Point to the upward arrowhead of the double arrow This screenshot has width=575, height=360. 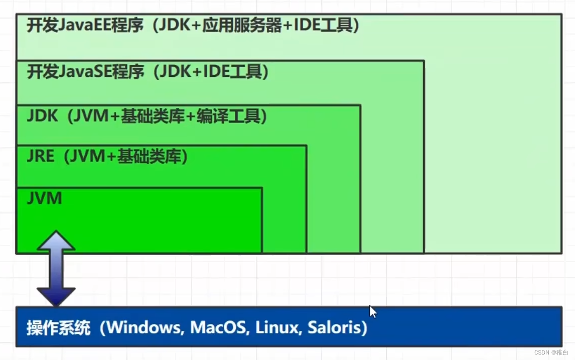coord(56,241)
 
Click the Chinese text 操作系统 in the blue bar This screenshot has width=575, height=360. coord(58,328)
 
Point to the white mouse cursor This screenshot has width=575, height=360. coord(372,311)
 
